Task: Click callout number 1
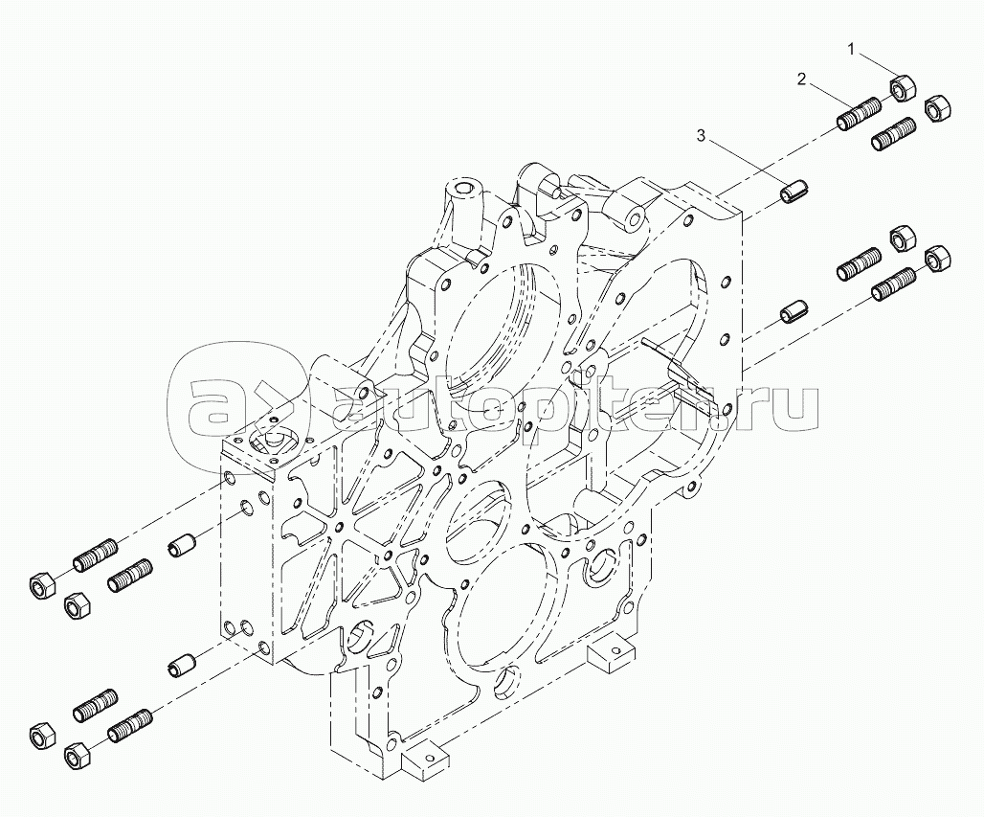[849, 46]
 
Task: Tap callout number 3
[701, 137]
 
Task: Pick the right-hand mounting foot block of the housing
[608, 654]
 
